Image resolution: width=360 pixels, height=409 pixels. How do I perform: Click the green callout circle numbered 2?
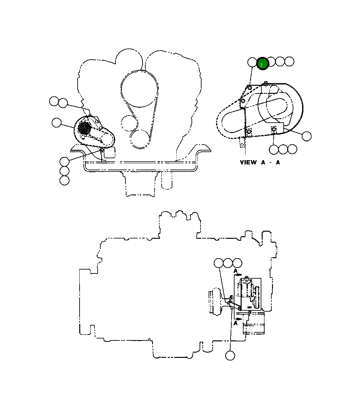(263, 64)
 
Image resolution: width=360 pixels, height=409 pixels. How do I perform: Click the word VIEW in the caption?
(248, 162)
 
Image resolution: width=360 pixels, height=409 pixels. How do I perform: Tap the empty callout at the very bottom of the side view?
(230, 355)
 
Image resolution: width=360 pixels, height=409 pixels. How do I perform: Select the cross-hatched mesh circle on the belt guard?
(84, 128)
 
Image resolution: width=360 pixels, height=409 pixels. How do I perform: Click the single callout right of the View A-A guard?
(306, 136)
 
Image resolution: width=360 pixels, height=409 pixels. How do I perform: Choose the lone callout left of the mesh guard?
(57, 123)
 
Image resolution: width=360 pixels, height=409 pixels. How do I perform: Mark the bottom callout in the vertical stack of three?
(64, 180)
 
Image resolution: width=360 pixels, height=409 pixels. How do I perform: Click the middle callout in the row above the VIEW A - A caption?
(283, 149)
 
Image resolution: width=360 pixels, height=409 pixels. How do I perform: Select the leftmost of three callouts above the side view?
(219, 263)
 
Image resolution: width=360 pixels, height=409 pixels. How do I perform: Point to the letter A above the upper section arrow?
(236, 270)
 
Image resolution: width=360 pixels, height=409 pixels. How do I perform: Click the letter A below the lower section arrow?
(236, 323)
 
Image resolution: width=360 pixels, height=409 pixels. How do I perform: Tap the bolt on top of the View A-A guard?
(265, 83)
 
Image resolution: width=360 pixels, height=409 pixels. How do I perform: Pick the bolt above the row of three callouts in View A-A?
(274, 130)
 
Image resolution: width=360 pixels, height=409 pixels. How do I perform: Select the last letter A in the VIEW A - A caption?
(278, 162)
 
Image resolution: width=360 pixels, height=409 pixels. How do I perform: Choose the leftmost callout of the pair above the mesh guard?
(54, 101)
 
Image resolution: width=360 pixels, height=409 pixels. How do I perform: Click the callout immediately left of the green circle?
(252, 62)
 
